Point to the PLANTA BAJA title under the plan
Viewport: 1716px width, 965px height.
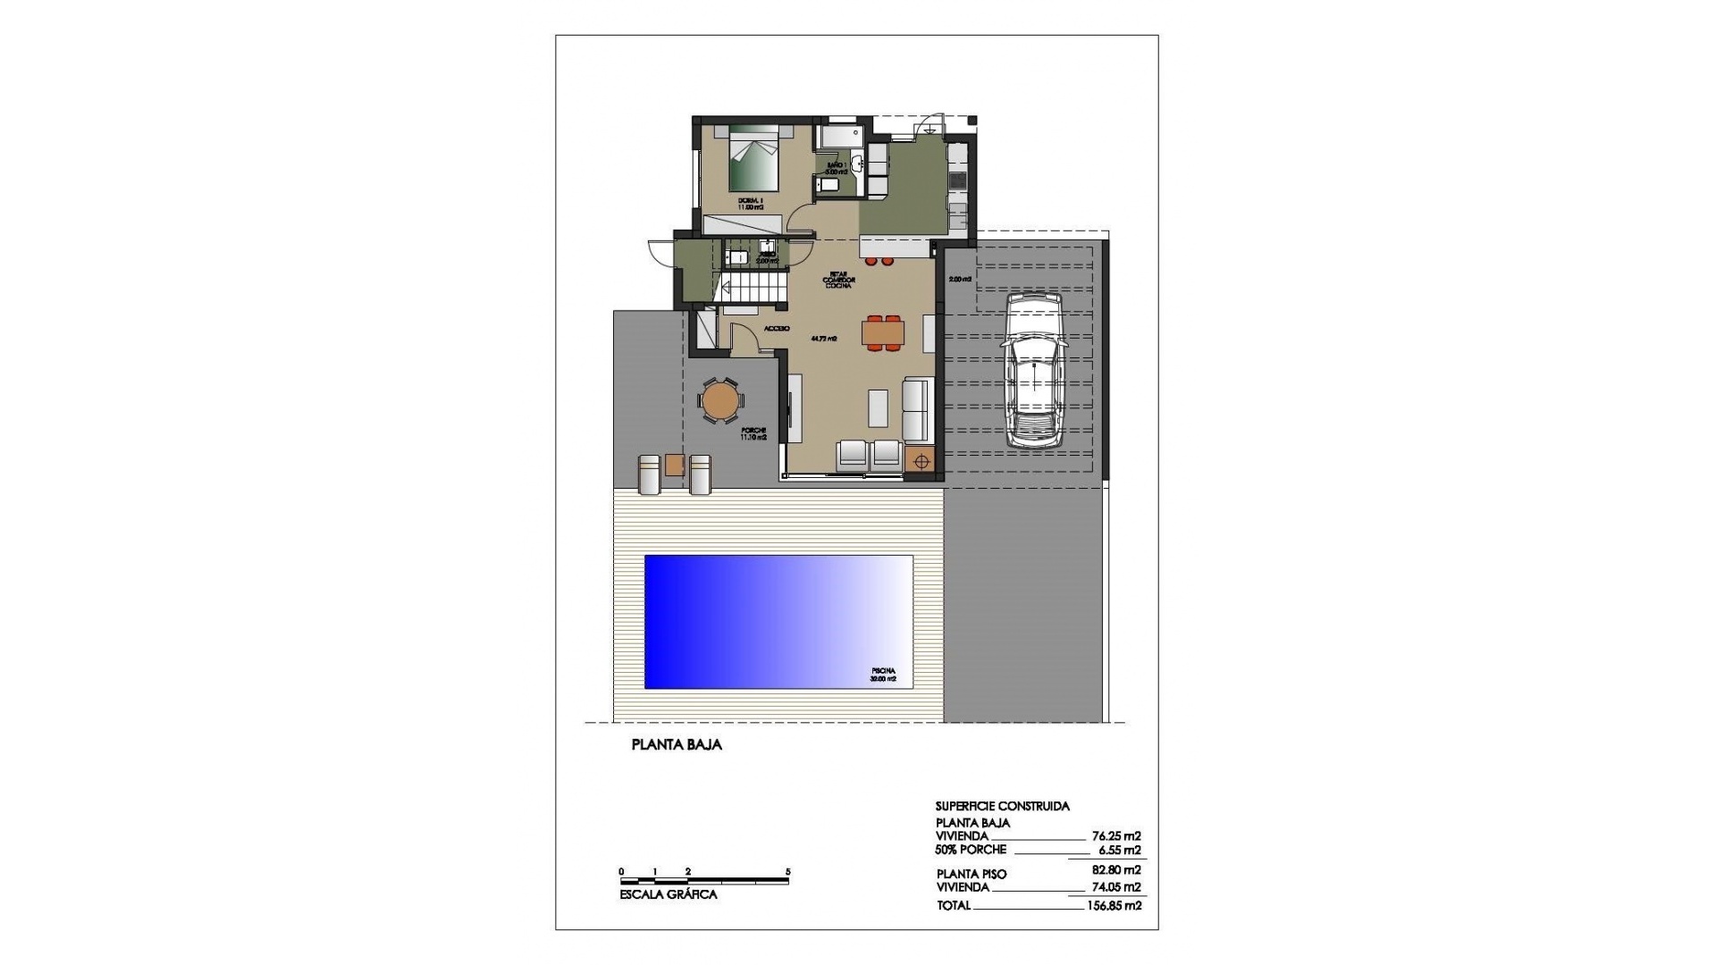[x=677, y=744]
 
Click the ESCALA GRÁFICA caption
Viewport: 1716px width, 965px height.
[x=669, y=894]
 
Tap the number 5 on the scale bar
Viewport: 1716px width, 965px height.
[x=787, y=871]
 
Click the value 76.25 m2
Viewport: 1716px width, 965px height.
[x=1116, y=836]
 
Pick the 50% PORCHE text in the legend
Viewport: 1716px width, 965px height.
[x=971, y=850]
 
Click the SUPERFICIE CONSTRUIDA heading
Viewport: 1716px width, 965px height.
[x=1002, y=806]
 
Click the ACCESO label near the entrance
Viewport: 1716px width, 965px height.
[x=776, y=329]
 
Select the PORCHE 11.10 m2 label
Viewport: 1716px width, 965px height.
[x=753, y=434]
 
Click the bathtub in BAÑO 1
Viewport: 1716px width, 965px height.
[x=840, y=136]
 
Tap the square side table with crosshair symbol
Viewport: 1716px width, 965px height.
[x=921, y=461]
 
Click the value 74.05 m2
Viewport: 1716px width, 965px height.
[x=1116, y=887]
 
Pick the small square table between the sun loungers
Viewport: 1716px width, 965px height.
[x=675, y=465]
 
